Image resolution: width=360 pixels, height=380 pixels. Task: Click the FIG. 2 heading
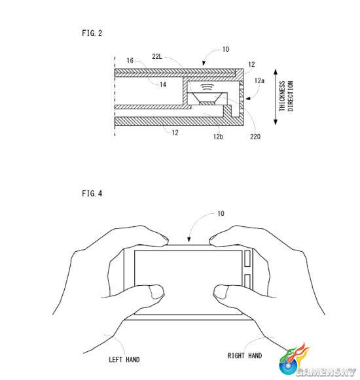[92, 33]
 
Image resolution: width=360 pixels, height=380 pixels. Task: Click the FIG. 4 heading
[92, 194]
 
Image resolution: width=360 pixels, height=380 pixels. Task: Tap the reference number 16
[130, 60]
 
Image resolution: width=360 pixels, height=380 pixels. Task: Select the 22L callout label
[157, 56]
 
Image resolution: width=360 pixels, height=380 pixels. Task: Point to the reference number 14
[163, 84]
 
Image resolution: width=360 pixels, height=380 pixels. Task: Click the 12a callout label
[259, 80]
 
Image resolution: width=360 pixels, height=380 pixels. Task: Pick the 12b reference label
[218, 137]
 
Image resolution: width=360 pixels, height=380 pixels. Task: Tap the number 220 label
[255, 137]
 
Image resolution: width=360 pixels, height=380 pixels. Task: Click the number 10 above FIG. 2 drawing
[226, 49]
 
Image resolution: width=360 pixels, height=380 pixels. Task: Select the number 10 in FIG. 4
[221, 213]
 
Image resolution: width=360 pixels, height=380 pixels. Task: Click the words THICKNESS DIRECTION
[286, 96]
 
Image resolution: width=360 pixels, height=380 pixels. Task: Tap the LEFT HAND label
[124, 360]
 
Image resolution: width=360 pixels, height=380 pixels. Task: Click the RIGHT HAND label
[245, 356]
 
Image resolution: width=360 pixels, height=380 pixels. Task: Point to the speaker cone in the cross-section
[207, 98]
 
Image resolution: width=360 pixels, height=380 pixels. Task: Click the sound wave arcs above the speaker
[207, 87]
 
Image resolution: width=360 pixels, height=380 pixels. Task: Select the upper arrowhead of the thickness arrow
[276, 72]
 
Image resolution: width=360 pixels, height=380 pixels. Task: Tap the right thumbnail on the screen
[221, 292]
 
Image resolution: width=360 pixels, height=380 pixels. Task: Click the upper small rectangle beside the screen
[247, 258]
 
